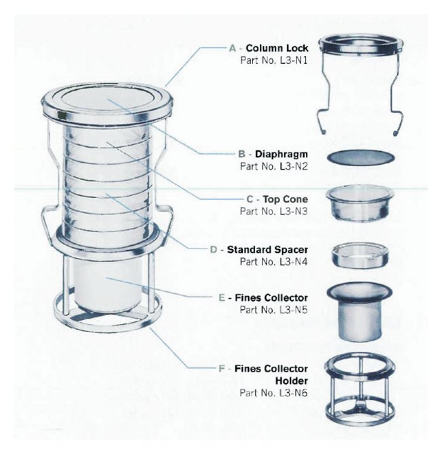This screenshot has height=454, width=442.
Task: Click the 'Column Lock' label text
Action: pos(277,48)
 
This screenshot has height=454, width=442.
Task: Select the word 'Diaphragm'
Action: pos(281,154)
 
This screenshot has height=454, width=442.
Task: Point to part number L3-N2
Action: pos(294,167)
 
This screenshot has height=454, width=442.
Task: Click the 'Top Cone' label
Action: pos(285,199)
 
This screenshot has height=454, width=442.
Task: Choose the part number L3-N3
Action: pos(294,212)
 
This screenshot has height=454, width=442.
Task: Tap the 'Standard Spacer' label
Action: pos(267,249)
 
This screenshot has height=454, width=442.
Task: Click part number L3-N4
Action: pos(294,262)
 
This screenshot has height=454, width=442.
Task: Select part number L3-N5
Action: pos(294,310)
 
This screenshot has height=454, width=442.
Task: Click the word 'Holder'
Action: pos(291,380)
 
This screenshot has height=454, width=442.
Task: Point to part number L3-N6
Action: pos(294,393)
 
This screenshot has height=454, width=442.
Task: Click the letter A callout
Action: pos(233,48)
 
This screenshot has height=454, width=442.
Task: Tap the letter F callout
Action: pos(222,369)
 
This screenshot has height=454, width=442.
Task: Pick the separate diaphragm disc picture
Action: pos(360,158)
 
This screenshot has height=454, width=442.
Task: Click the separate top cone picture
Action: pos(360,204)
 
